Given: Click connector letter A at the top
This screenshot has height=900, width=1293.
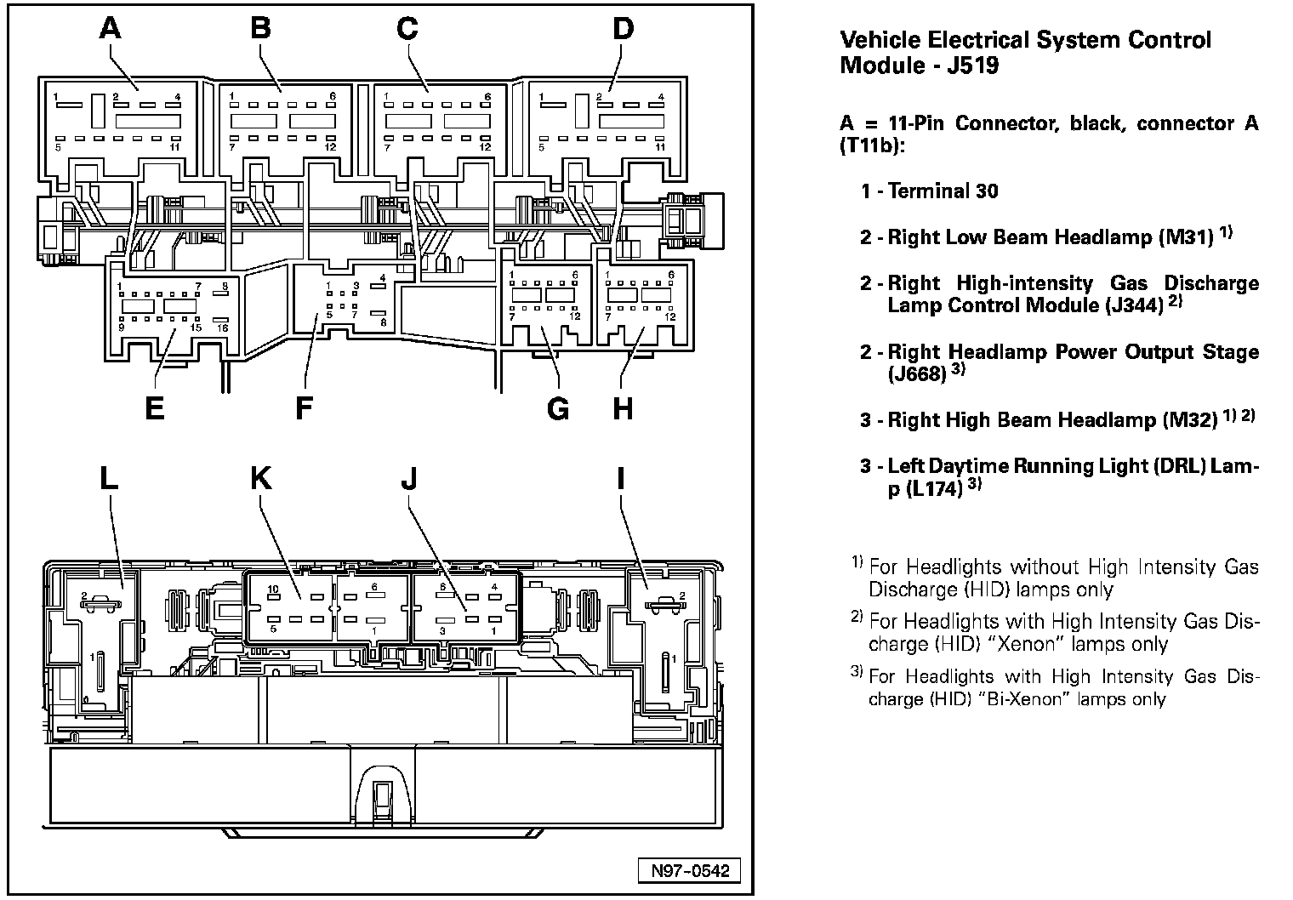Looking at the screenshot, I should click(x=111, y=29).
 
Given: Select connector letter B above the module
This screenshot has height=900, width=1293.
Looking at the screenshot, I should click(x=260, y=29).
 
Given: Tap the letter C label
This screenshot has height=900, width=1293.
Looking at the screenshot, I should click(x=407, y=29).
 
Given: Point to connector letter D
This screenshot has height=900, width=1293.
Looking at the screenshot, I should click(x=623, y=29).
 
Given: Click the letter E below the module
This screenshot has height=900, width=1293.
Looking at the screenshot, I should click(x=154, y=409).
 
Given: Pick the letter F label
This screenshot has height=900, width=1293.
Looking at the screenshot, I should click(x=304, y=409).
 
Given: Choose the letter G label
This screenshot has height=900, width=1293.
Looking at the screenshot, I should click(x=558, y=409).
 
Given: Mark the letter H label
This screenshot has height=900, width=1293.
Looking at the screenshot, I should click(x=623, y=409).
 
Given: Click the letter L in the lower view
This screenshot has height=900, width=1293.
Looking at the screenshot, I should click(x=108, y=478).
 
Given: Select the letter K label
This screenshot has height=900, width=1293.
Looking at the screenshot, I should click(x=260, y=478).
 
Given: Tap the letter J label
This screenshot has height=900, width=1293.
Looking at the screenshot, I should click(x=409, y=478).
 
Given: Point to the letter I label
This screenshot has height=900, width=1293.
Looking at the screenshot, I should click(x=621, y=478).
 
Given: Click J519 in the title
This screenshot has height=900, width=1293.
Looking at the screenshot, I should click(x=971, y=65).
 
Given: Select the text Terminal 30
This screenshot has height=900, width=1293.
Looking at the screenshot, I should click(x=943, y=191).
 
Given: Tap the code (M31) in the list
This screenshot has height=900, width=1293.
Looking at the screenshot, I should click(x=1185, y=237).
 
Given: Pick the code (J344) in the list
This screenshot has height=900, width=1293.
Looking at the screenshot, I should click(x=1135, y=305).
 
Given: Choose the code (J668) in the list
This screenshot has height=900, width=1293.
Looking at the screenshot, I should click(x=917, y=373).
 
